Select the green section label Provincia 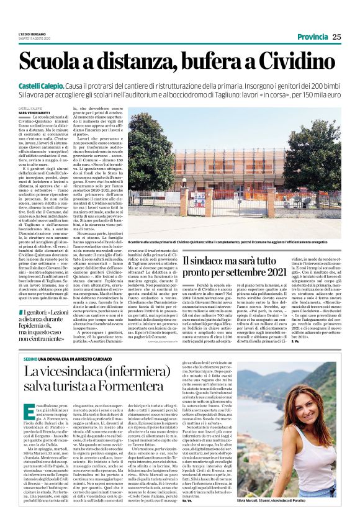tap(312, 37)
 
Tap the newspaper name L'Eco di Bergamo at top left tap(29, 34)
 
